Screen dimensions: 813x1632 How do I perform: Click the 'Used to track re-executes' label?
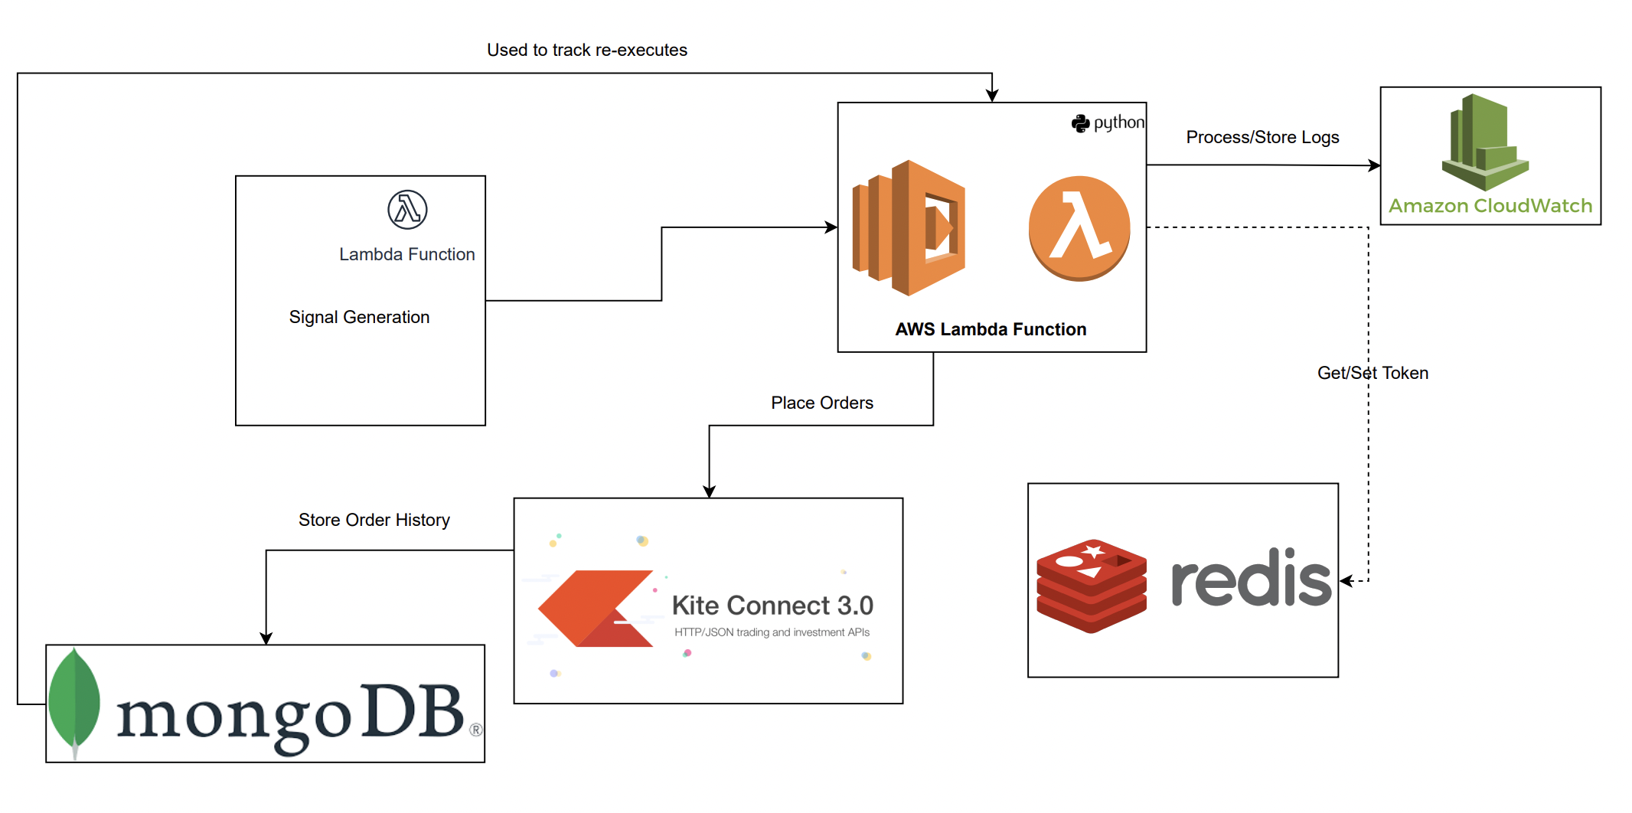[587, 51]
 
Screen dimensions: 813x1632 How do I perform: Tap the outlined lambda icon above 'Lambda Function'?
[407, 210]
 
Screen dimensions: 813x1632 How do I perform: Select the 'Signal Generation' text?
[359, 318]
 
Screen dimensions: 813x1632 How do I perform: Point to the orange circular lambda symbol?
[1079, 228]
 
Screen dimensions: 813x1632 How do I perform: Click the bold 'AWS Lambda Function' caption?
[991, 330]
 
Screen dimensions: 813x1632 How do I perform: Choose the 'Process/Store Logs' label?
[1262, 138]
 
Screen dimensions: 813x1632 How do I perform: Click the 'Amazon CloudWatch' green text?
[1490, 206]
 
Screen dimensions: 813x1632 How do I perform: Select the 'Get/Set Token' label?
[1373, 374]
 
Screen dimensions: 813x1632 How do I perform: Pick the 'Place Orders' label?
[822, 403]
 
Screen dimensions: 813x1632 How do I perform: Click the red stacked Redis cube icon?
[1092, 586]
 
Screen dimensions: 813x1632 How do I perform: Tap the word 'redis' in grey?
[1251, 580]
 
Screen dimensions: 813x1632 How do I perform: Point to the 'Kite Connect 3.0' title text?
[772, 606]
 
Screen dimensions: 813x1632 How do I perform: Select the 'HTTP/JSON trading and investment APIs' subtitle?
[772, 633]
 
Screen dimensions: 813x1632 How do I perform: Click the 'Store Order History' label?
[374, 521]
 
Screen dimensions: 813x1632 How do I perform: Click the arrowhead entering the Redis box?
[1346, 581]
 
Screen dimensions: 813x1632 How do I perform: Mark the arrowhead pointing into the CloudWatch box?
[1375, 165]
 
